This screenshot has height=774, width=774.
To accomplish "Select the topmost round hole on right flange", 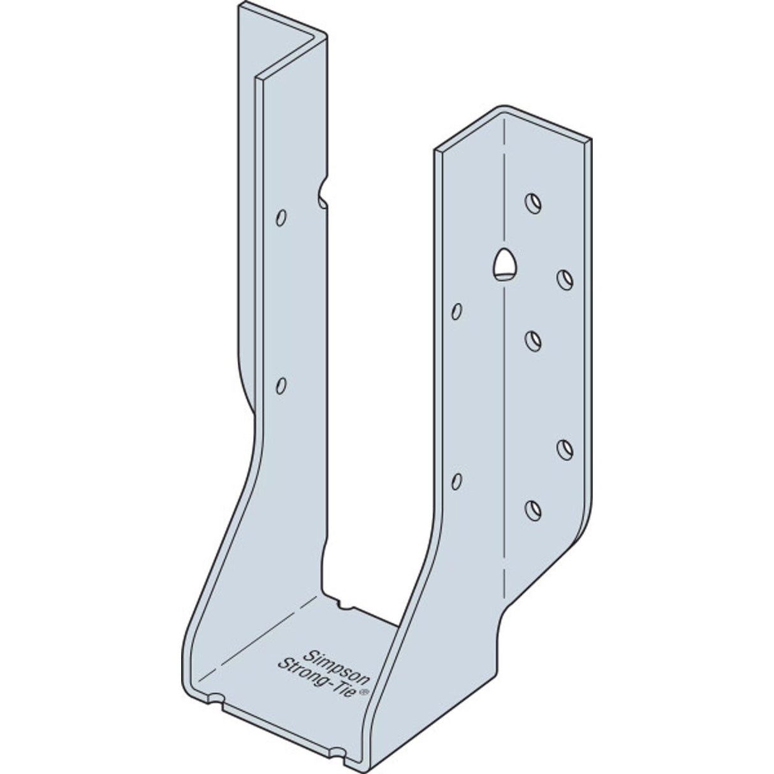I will pyautogui.click(x=533, y=203).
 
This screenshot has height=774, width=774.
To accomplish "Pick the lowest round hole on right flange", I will pyautogui.click(x=533, y=490).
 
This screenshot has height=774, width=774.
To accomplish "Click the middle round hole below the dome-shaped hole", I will pyautogui.click(x=534, y=339).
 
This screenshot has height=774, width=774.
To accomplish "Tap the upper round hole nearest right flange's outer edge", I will pyautogui.click(x=565, y=278).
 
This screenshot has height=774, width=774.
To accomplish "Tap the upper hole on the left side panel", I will pyautogui.click(x=280, y=217).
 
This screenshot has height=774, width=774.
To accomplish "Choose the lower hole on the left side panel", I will pyautogui.click(x=281, y=385).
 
